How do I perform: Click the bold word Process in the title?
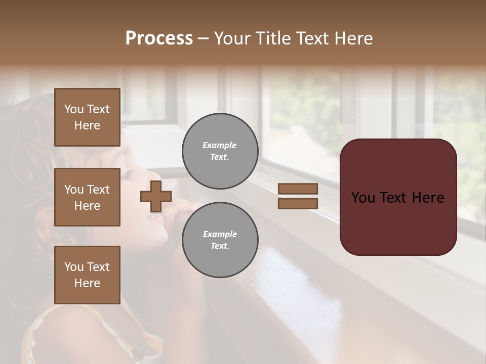click(159, 38)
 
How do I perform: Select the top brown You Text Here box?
click(87, 117)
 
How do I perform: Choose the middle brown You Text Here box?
click(87, 197)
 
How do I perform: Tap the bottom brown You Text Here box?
click(87, 275)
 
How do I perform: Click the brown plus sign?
click(156, 196)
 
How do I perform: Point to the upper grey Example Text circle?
click(220, 151)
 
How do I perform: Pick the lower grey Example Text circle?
click(220, 240)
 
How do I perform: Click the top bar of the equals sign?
click(298, 189)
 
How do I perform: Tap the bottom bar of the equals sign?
click(298, 203)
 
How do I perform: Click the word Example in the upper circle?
click(219, 145)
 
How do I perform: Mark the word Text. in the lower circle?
click(220, 246)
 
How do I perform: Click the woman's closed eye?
click(127, 174)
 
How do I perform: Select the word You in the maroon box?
click(363, 198)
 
